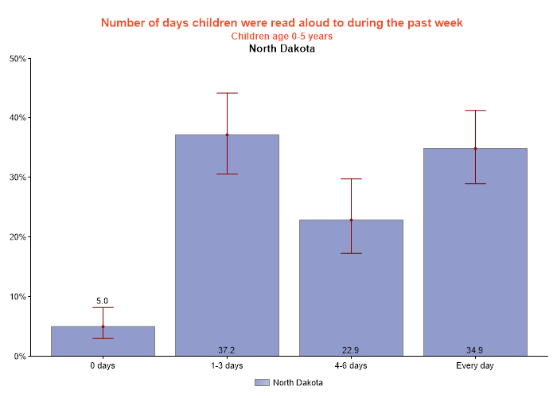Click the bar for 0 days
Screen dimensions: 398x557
[x=103, y=341]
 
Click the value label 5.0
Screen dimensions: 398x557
[x=103, y=301]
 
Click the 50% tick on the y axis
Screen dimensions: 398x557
[x=18, y=58]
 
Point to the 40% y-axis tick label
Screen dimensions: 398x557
[x=18, y=118]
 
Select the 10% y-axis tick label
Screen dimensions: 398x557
[x=18, y=297]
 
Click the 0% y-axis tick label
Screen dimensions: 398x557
[x=20, y=357]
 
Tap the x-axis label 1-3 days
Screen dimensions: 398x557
[x=227, y=366]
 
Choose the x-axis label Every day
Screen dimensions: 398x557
[x=475, y=366]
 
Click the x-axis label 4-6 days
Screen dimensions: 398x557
[x=351, y=366]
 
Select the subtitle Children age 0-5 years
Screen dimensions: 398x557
[x=282, y=36]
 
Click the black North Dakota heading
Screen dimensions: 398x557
[x=282, y=49]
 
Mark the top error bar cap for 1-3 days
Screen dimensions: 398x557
[x=227, y=93]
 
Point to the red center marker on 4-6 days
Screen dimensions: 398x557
[x=351, y=220]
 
